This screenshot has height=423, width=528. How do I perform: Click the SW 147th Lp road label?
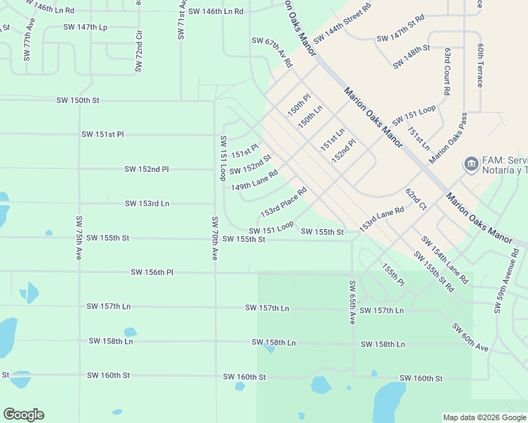pyautogui.click(x=85, y=27)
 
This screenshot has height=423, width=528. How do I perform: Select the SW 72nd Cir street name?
pyautogui.click(x=139, y=50)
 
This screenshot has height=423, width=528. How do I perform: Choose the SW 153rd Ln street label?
pyautogui.click(x=147, y=204)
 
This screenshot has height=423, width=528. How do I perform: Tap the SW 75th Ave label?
pyautogui.click(x=78, y=238)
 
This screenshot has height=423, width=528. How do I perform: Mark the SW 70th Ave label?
pyautogui.click(x=214, y=238)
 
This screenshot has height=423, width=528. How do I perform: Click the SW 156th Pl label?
pyautogui.click(x=152, y=272)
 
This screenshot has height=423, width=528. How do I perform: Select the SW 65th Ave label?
pyautogui.click(x=352, y=302)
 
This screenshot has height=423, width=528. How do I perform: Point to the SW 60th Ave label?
pyautogui.click(x=469, y=338)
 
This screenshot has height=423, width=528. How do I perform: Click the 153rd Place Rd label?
pyautogui.click(x=283, y=202)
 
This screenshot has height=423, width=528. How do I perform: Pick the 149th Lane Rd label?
pyautogui.click(x=254, y=180)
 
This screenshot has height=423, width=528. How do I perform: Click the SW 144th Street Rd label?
pyautogui.click(x=342, y=23)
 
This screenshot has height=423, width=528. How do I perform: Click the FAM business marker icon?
pyautogui.click(x=470, y=164)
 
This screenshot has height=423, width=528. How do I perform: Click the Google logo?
pyautogui.click(x=23, y=415)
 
